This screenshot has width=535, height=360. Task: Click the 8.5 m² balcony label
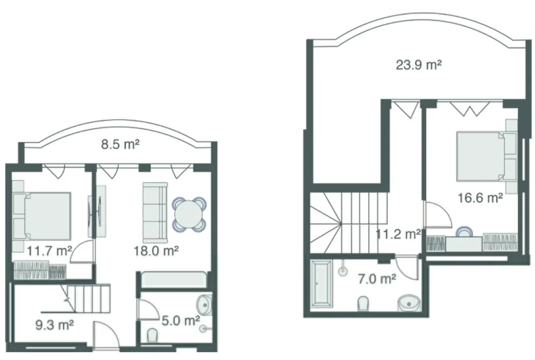[120, 144]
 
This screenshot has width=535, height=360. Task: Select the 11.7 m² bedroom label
[50, 251]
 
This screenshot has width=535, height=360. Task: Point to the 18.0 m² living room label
[157, 251]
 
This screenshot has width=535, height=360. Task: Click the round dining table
[189, 214]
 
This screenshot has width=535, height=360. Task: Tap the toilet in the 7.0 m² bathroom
[363, 303]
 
